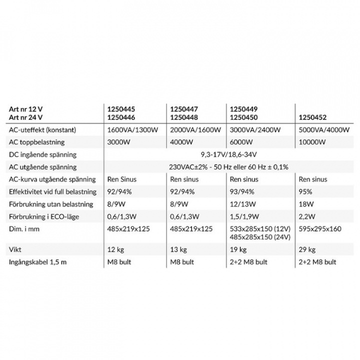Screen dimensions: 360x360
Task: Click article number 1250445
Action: pos(121,108)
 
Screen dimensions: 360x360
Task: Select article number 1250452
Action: pos(312,118)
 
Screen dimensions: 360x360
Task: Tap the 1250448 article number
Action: pos(184,118)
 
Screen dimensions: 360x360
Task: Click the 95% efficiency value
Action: pos(305,191)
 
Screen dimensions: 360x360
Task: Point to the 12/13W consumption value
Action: pos(242,204)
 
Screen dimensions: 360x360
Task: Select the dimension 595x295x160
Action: pos(319,228)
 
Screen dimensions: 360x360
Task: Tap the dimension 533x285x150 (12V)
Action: pos(258,228)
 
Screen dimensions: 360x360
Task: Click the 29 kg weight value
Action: pos(306,249)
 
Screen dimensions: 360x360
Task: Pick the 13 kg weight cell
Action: pos(179,249)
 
